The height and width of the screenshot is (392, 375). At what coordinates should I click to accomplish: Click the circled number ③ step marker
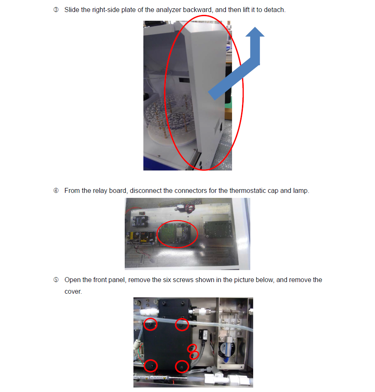56,10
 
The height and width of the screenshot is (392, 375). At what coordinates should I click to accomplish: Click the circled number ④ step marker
56,190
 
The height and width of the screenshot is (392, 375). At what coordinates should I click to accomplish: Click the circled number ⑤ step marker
56,280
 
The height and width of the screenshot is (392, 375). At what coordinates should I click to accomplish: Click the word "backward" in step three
197,10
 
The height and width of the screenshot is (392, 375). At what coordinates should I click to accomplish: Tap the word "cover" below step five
73,292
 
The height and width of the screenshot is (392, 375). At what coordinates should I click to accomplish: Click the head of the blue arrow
255,32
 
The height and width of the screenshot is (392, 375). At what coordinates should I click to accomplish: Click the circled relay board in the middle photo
177,234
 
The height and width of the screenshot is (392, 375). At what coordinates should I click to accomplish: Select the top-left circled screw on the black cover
150,324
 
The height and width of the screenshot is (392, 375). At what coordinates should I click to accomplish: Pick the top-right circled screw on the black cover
182,325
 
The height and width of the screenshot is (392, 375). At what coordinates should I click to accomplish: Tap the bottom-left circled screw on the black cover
150,366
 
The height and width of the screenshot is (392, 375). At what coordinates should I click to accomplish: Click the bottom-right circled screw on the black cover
182,367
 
